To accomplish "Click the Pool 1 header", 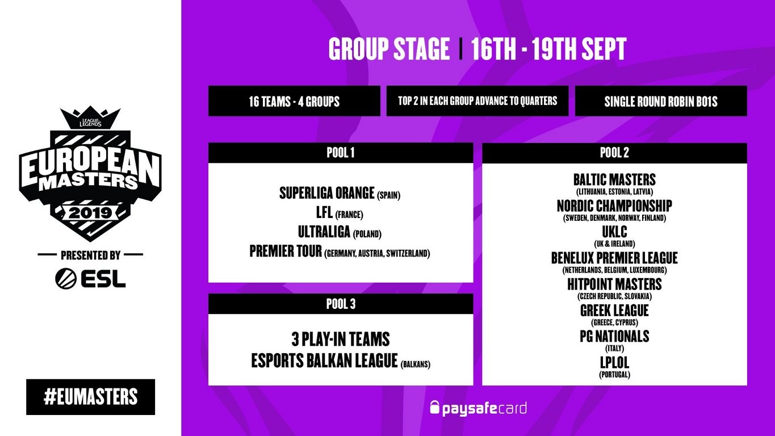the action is (x=341, y=153).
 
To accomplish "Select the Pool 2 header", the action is (x=614, y=153).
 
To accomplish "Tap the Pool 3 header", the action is (x=341, y=304).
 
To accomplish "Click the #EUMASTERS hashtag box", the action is (x=91, y=397).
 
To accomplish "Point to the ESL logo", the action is (x=90, y=278).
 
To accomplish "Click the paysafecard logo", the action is (x=478, y=408).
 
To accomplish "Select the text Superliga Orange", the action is (x=327, y=193).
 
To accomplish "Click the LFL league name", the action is (x=324, y=212).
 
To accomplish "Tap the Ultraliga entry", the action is (x=324, y=232).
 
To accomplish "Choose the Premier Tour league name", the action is (x=286, y=251).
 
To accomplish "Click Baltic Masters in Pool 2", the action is (x=614, y=179).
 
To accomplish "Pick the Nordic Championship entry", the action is (x=614, y=206).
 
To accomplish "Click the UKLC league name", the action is (x=614, y=232).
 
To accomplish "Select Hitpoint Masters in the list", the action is (x=614, y=284).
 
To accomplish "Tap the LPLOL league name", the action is (x=614, y=363).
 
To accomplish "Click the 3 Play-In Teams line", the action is (x=341, y=339).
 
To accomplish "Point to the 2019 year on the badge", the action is (x=90, y=213).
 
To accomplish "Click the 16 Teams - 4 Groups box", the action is (x=294, y=101).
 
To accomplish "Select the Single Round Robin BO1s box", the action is (x=661, y=101).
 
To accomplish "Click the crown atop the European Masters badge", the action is (x=90, y=118).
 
